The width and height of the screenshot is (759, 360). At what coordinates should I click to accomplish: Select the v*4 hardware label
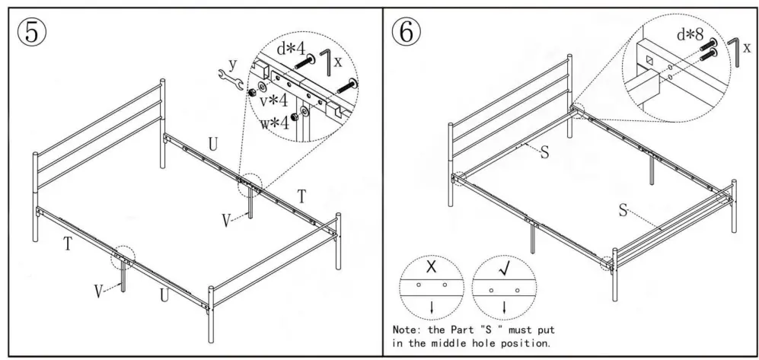[273, 100]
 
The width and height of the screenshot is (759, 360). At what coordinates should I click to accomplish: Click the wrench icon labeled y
[229, 77]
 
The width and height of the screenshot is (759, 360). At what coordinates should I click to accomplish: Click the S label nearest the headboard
[544, 152]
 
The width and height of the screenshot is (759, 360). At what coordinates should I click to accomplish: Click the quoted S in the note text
[502, 330]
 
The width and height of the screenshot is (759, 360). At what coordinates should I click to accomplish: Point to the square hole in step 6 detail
[649, 59]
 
